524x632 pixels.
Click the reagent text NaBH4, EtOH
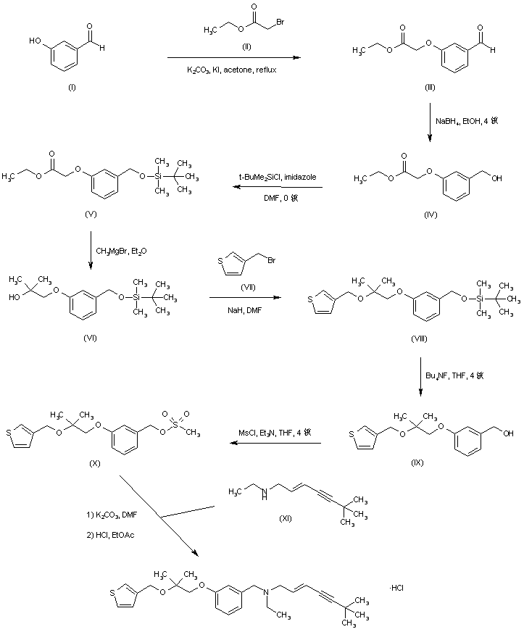coord(463,120)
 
